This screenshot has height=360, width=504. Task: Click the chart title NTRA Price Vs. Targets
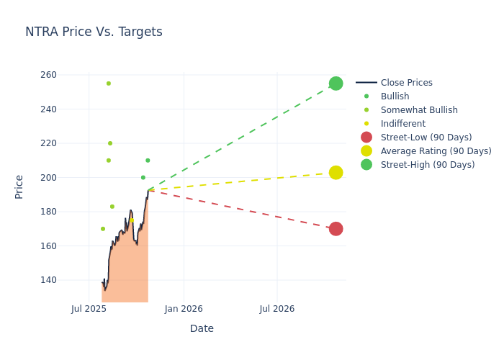pyautogui.click(x=94, y=32)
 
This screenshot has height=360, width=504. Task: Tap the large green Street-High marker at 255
pyautogui.click(x=336, y=84)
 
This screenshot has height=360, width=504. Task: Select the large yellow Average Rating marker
pyautogui.click(x=336, y=173)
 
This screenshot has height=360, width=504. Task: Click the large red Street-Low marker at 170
pyautogui.click(x=336, y=229)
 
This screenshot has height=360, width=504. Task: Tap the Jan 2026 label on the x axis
pyautogui.click(x=184, y=309)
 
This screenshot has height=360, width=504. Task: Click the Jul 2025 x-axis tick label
pyautogui.click(x=89, y=309)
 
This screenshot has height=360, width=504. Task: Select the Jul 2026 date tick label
pyautogui.click(x=277, y=309)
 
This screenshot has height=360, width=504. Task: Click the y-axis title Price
pyautogui.click(x=19, y=186)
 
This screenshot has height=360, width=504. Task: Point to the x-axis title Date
pyautogui.click(x=202, y=329)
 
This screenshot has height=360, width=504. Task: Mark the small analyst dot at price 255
pyautogui.click(x=109, y=84)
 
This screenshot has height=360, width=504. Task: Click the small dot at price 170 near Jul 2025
pyautogui.click(x=103, y=229)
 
